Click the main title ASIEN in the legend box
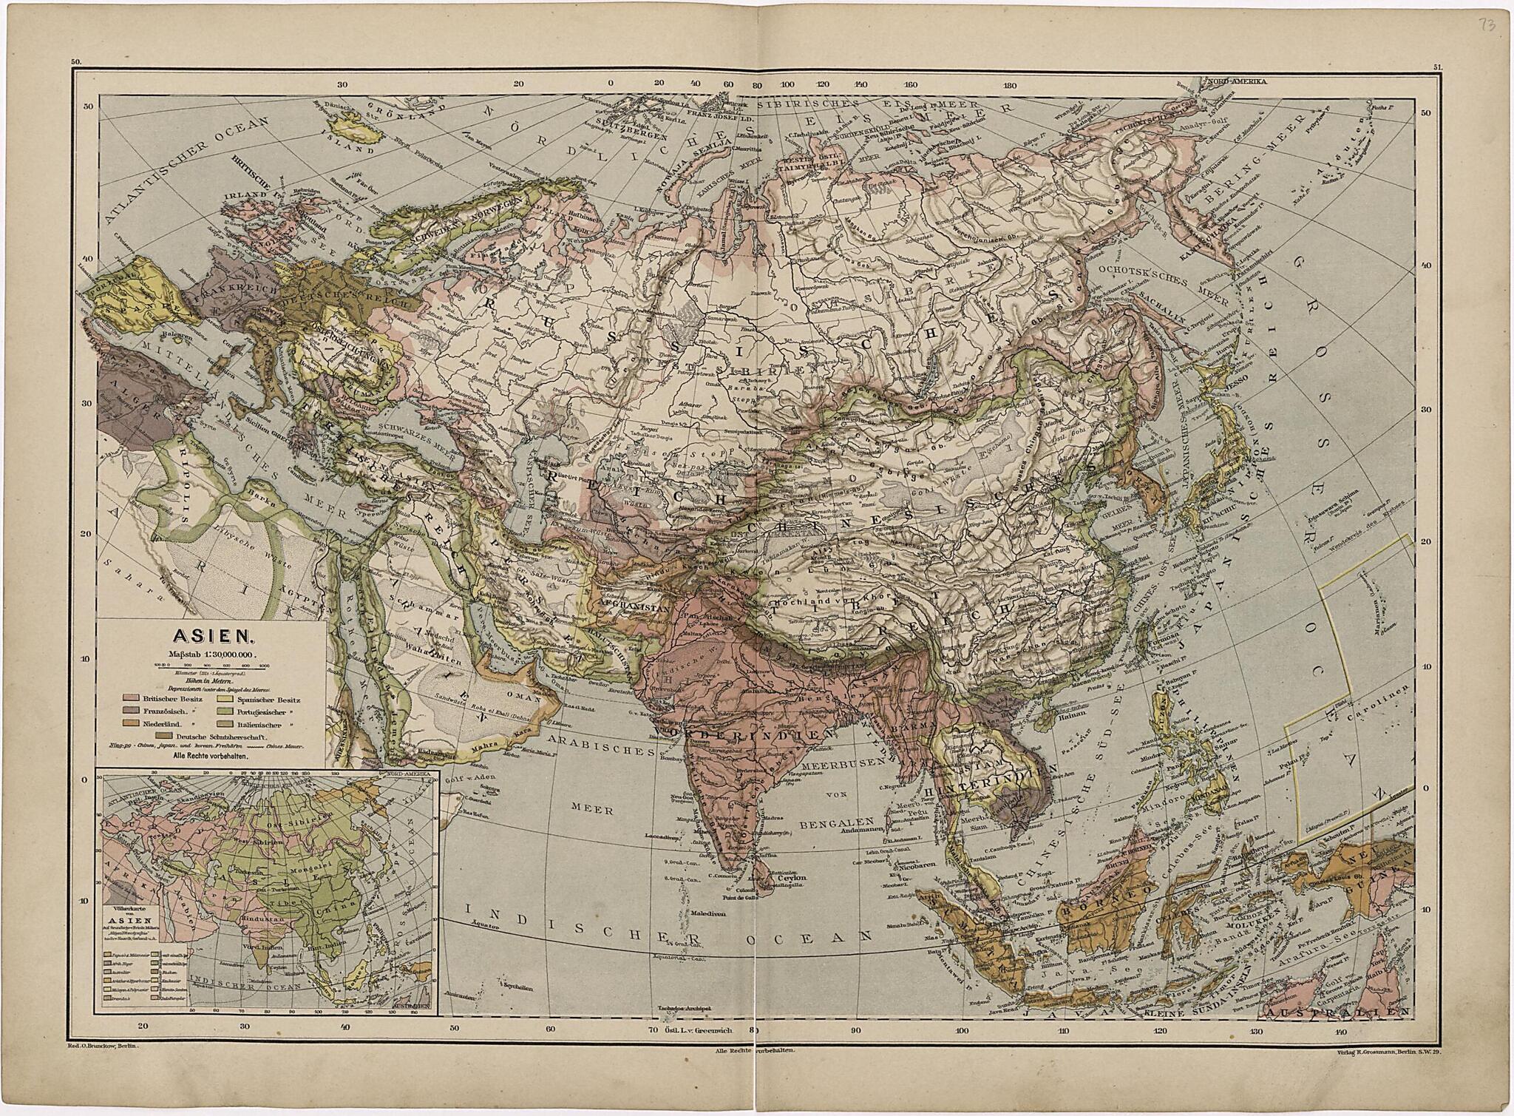(213, 635)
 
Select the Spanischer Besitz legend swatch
(225, 697)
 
